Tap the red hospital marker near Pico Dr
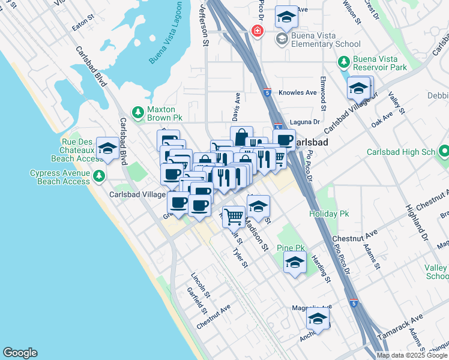(258, 30)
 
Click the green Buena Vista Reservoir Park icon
(343, 62)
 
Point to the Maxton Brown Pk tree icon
(138, 112)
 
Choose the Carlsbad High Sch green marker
(443, 152)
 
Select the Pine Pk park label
(291, 248)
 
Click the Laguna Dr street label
(301, 122)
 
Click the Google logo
(20, 353)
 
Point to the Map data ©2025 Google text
(412, 355)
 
